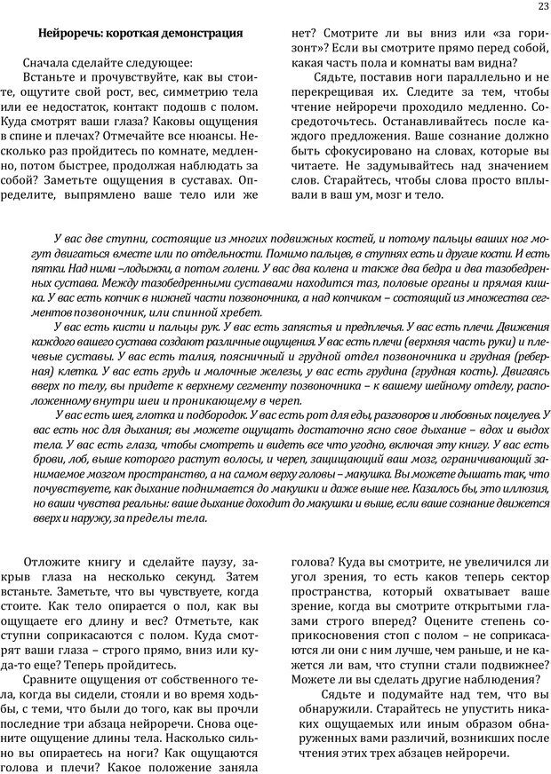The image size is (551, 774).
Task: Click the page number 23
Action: click(543, 8)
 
